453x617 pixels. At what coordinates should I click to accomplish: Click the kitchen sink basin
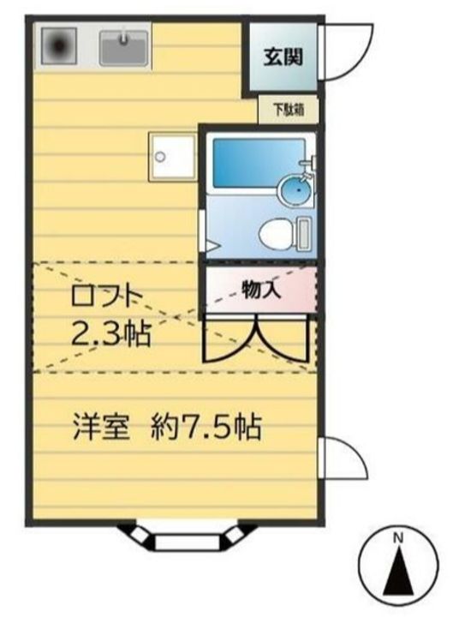[x=125, y=46]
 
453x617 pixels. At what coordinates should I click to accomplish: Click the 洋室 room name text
[x=100, y=424]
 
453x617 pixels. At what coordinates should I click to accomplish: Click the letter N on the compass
[x=397, y=539]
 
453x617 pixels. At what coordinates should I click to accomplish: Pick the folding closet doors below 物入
[x=256, y=338]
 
